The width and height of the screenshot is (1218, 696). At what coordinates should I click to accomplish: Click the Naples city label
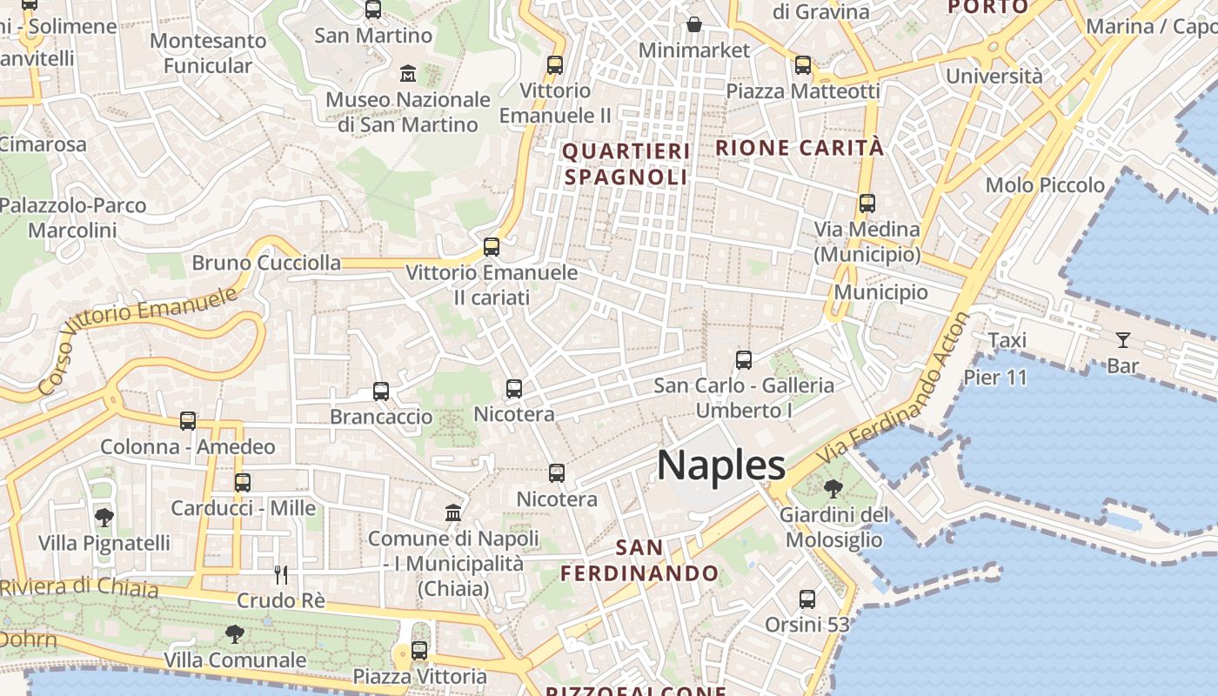(721, 465)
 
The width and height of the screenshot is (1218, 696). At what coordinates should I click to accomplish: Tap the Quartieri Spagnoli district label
(626, 164)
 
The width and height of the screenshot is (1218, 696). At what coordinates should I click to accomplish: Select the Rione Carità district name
(800, 148)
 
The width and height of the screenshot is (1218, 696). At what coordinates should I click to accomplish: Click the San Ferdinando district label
(639, 560)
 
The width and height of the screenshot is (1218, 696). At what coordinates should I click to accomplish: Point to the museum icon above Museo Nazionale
(407, 74)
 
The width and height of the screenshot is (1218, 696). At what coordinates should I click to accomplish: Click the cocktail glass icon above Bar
(1122, 340)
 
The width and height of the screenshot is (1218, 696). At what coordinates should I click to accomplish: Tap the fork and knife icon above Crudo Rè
(280, 575)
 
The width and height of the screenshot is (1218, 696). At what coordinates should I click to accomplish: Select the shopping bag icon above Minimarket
(693, 24)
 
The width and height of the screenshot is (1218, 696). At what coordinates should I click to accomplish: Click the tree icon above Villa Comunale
(234, 634)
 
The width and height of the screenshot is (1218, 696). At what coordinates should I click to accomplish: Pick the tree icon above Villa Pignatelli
(104, 518)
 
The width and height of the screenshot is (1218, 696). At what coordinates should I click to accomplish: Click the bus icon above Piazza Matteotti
(802, 65)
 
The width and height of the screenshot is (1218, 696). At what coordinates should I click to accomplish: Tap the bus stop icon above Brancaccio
(380, 391)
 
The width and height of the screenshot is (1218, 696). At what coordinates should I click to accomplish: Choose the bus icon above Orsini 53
(806, 599)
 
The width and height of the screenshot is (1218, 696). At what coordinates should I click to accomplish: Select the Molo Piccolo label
(1045, 184)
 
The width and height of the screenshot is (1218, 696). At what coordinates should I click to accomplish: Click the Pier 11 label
(995, 378)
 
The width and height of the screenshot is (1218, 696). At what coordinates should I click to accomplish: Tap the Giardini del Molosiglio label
(833, 527)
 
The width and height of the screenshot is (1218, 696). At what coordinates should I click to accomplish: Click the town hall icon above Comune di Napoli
(452, 513)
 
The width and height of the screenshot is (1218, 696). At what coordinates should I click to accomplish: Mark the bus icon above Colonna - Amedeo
(187, 421)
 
